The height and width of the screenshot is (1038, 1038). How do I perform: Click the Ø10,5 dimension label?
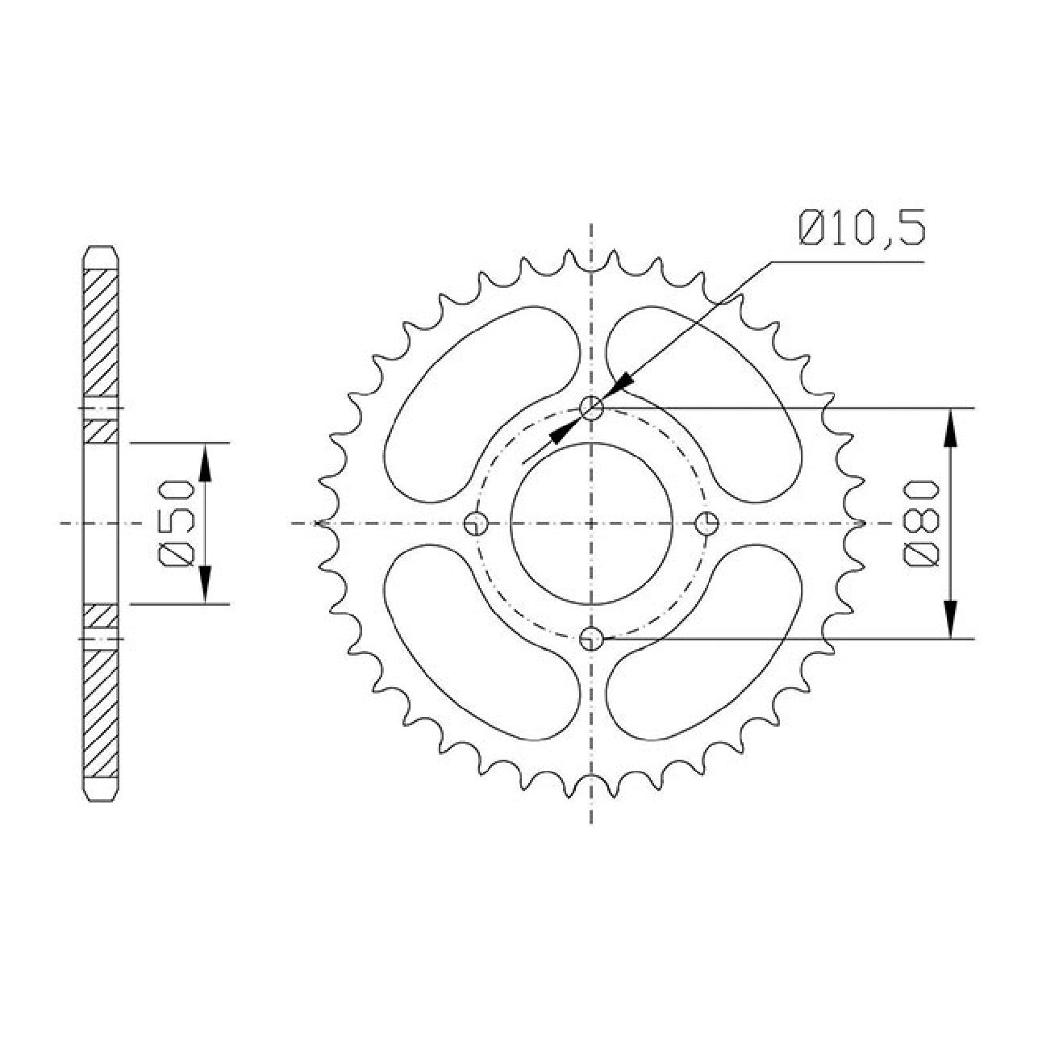tap(861, 228)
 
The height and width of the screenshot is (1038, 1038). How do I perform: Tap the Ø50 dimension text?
tap(176, 523)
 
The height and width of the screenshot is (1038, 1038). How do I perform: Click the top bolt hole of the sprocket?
tap(591, 408)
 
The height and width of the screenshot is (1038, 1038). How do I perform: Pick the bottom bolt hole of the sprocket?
tap(591, 639)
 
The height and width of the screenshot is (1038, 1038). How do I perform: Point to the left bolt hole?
tap(476, 523)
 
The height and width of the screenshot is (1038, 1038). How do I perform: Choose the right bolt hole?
tap(707, 523)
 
